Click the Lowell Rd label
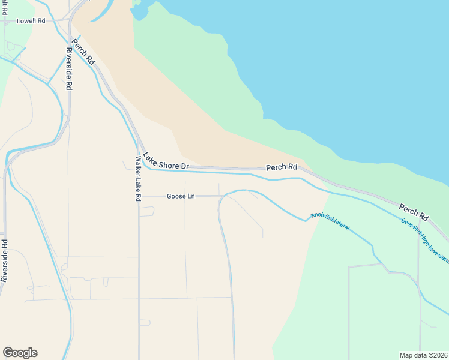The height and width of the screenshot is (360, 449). [31, 20]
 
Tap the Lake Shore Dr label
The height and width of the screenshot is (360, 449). [166, 160]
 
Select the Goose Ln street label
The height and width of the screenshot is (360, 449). [181, 196]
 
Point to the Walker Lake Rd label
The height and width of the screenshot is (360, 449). [138, 178]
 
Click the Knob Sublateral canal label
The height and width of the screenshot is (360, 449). [330, 223]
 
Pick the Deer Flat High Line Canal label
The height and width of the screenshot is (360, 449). [425, 239]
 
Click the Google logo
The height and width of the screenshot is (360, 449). [20, 353]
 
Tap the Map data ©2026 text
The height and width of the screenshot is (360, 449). [423, 355]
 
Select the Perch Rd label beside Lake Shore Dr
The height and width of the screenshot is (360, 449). [282, 167]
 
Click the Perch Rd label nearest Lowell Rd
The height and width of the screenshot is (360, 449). [83, 52]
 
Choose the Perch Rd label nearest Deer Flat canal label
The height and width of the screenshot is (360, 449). [414, 212]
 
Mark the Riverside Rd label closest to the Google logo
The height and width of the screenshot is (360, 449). [4, 260]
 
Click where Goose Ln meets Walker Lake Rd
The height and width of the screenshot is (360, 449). [139, 196]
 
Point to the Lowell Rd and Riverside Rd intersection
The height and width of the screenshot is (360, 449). [70, 20]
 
